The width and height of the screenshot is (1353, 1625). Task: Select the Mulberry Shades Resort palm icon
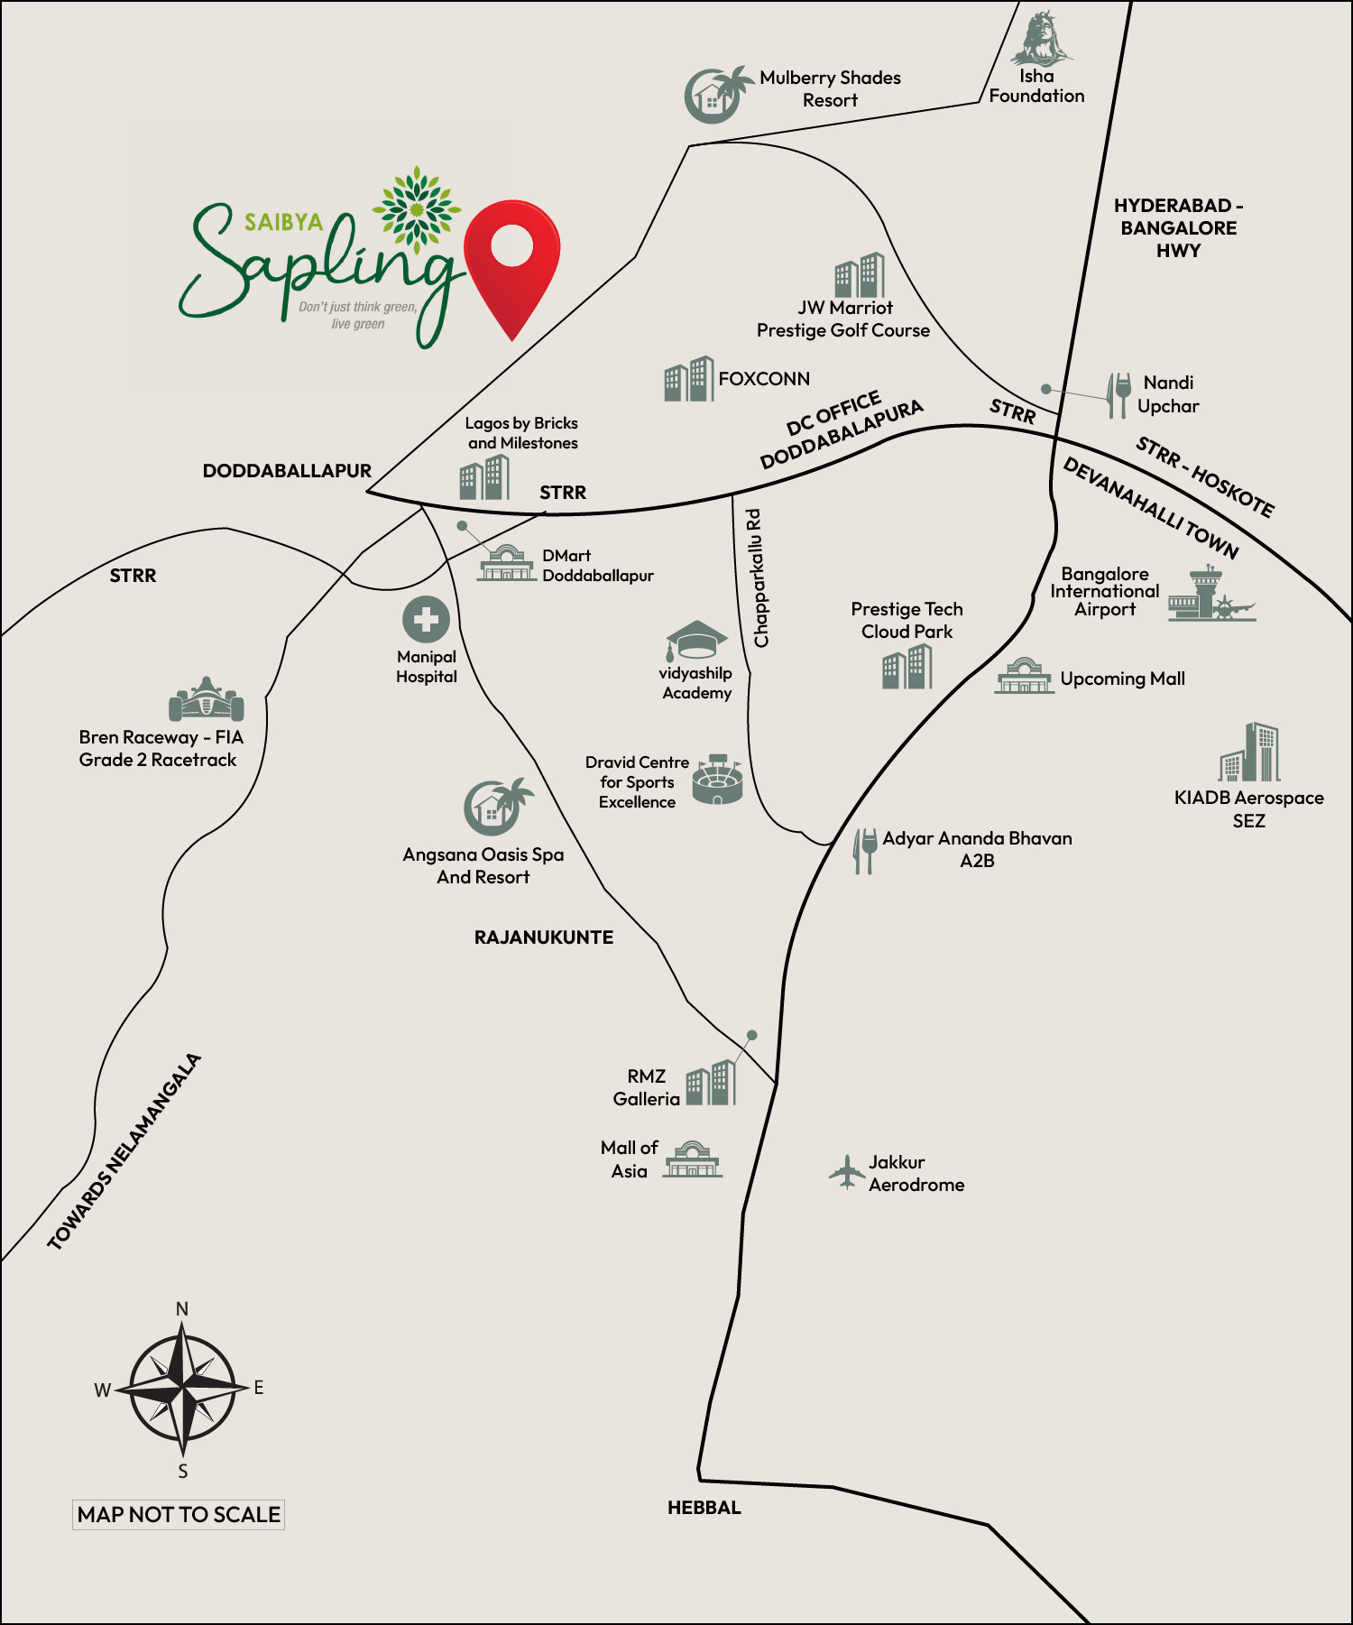[718, 94]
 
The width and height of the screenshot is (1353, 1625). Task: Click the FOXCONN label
[763, 379]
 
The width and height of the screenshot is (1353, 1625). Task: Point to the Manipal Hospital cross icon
[426, 620]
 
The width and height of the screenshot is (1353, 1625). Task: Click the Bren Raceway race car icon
[207, 699]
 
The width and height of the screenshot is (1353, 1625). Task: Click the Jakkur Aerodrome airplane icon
[846, 1172]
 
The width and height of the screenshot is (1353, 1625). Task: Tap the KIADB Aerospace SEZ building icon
[1249, 752]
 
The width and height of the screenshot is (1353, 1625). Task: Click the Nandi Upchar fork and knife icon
[1118, 395]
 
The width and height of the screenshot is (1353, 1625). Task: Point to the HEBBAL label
[704, 1508]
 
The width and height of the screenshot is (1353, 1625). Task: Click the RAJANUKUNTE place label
[543, 937]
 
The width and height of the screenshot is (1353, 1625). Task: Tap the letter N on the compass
[182, 1309]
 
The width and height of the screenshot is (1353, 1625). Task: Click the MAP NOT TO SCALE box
[179, 1514]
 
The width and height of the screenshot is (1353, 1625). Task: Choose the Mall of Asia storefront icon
[693, 1159]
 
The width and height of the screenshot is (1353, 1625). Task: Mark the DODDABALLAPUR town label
[287, 471]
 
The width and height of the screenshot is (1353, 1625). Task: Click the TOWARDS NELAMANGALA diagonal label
[124, 1152]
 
